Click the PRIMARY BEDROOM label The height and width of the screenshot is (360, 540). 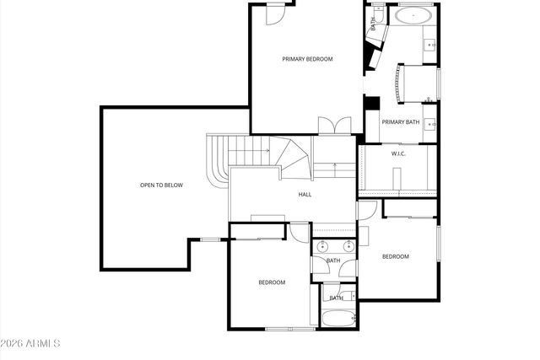(x=307, y=59)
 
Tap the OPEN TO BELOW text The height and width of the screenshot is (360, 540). (x=161, y=185)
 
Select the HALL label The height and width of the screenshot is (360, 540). (x=305, y=195)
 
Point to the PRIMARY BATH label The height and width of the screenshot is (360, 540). (x=400, y=122)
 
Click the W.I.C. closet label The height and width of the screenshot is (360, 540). (x=399, y=153)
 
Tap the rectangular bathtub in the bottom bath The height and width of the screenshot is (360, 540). (x=337, y=320)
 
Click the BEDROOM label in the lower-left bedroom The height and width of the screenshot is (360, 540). (x=272, y=282)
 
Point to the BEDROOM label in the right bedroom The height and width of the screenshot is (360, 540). (x=395, y=256)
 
